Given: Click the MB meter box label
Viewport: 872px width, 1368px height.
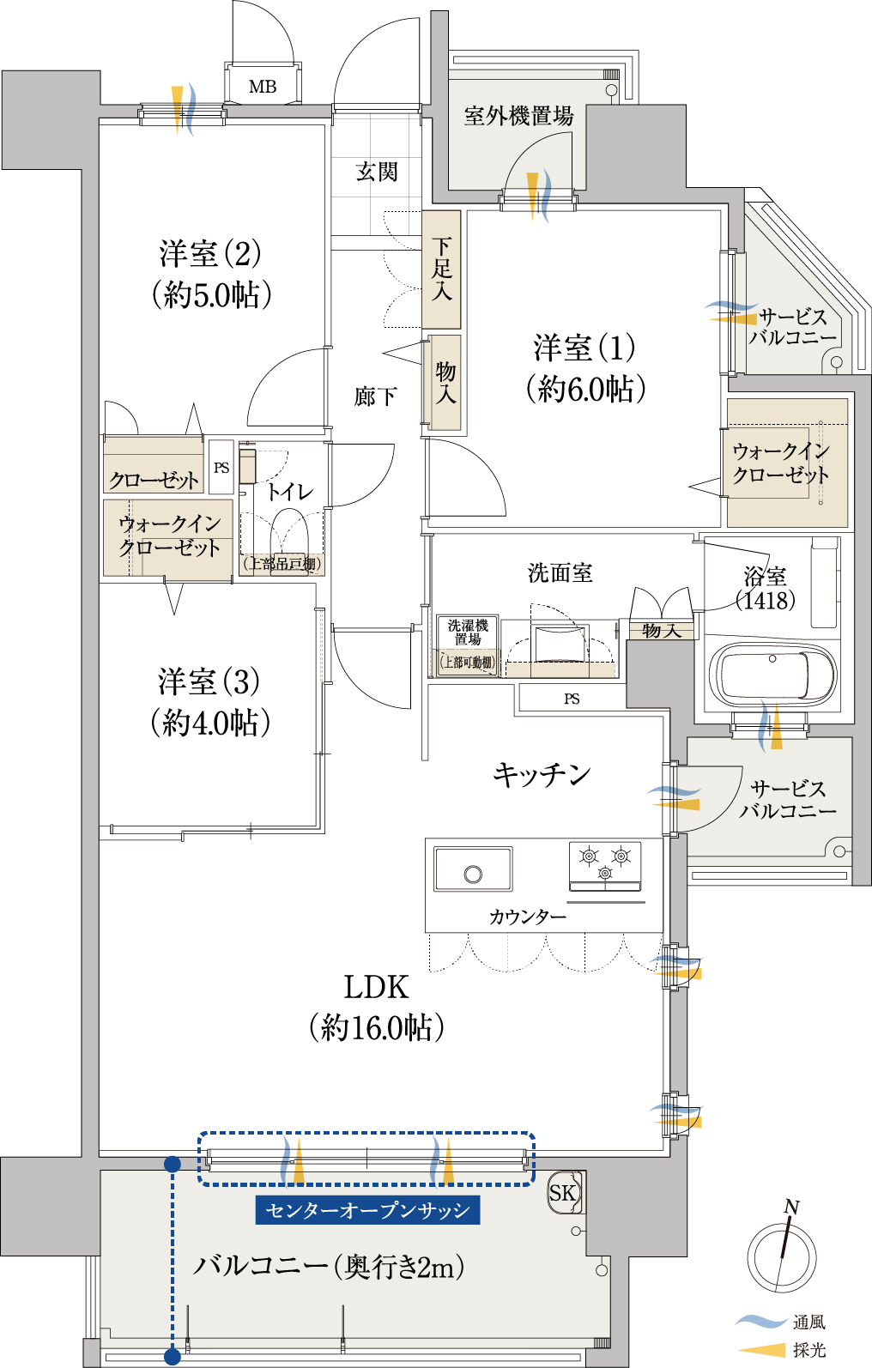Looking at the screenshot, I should [263, 87].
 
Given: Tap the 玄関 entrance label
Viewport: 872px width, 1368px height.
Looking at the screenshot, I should [377, 173].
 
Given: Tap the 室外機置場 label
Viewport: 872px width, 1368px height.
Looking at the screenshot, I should [518, 116].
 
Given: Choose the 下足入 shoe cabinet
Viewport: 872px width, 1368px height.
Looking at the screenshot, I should [441, 269].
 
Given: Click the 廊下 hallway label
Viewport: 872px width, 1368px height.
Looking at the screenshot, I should [376, 396].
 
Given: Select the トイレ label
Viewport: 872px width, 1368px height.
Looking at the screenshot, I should [289, 492].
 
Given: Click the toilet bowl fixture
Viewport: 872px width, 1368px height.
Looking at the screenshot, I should [289, 536].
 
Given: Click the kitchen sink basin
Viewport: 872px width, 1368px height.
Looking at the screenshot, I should [473, 869].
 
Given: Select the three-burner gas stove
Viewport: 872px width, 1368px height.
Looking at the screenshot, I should [605, 864].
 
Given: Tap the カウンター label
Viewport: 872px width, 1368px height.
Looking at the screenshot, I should [527, 917].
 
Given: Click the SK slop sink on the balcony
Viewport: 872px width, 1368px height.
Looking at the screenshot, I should [564, 1192].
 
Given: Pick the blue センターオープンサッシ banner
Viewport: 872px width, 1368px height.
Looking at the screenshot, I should [367, 1210].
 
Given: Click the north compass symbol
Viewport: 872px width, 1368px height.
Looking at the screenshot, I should [782, 1256].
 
